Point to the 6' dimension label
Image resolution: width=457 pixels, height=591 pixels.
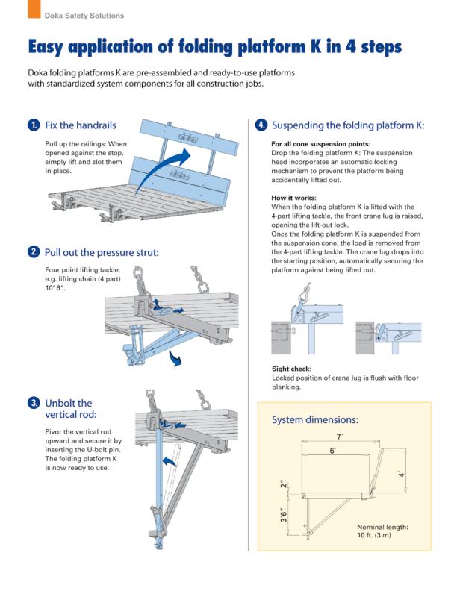pyautogui.click(x=332, y=450)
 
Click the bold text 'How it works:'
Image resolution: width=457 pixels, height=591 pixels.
pyautogui.click(x=293, y=198)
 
